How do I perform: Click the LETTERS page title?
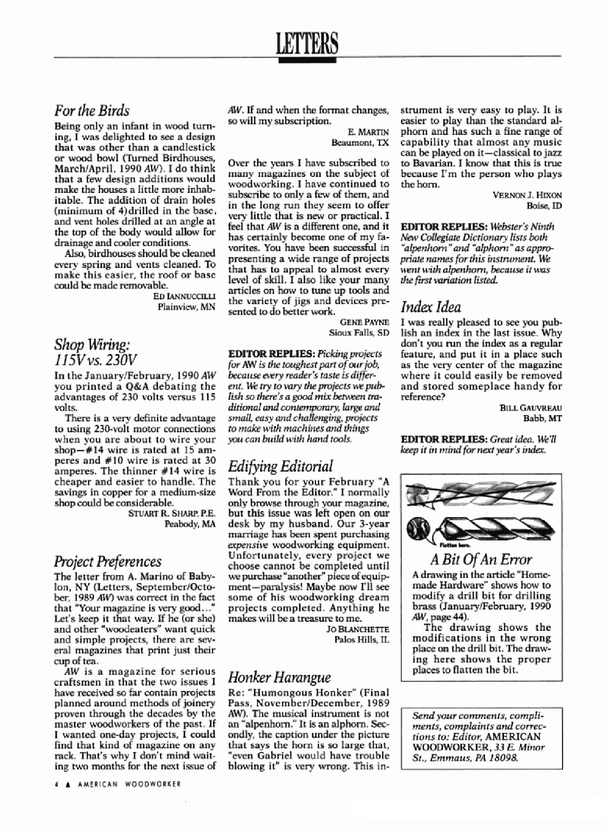(307, 43)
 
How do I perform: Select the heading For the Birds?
(92, 111)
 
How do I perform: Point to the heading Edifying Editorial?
(280, 466)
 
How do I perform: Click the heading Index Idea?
(430, 307)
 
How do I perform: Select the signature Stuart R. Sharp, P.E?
(172, 514)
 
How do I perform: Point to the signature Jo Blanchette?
(358, 629)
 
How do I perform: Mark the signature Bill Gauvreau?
(531, 408)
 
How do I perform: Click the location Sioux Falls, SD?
(359, 333)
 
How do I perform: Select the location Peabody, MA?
(190, 524)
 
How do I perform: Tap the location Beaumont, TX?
(360, 143)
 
